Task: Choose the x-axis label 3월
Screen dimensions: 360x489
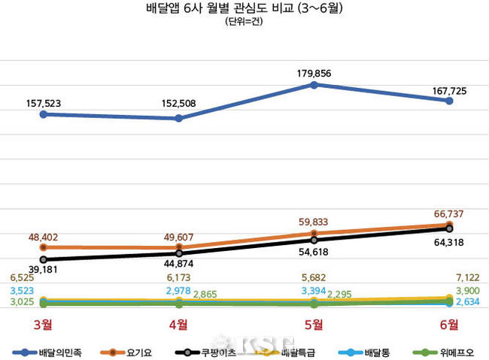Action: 43,324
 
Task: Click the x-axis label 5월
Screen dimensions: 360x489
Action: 314,324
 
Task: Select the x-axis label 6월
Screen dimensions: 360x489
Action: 448,324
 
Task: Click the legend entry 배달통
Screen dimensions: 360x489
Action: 368,351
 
